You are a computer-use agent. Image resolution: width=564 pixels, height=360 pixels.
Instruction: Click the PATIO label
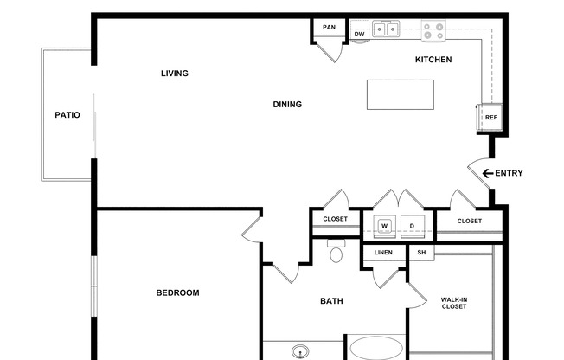pyautogui.click(x=67, y=115)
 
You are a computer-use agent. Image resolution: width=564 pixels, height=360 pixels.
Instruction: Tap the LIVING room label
pyautogui.click(x=175, y=74)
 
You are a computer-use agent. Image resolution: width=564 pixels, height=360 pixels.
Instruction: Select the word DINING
pyautogui.click(x=287, y=105)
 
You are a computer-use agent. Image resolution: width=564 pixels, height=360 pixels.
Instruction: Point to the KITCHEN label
pyautogui.click(x=433, y=60)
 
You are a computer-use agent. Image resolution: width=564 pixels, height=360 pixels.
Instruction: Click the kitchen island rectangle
pyautogui.click(x=401, y=94)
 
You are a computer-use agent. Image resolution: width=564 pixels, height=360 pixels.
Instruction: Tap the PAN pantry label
pyautogui.click(x=329, y=28)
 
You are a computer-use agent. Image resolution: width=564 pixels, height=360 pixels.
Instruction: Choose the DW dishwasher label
pyautogui.click(x=359, y=35)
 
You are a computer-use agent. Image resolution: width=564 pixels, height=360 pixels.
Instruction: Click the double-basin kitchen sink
pyautogui.click(x=386, y=29)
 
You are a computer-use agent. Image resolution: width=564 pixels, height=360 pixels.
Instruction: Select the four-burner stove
pyautogui.click(x=433, y=30)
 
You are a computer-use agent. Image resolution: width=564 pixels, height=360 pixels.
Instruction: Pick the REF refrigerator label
pyautogui.click(x=491, y=118)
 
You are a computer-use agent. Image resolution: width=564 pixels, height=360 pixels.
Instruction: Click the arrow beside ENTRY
pyautogui.click(x=487, y=174)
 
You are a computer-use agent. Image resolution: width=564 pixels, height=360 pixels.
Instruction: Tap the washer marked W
pyautogui.click(x=385, y=226)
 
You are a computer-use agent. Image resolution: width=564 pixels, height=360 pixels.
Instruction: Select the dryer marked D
pyautogui.click(x=413, y=226)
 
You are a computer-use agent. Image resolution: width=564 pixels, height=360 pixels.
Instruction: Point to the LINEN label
pyautogui.click(x=383, y=253)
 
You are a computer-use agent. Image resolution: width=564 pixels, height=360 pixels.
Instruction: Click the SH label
pyautogui.click(x=421, y=253)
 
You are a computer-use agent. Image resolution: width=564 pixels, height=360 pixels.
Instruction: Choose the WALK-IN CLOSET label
pyautogui.click(x=454, y=303)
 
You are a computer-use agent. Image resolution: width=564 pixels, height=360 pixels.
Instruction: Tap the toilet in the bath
pyautogui.click(x=336, y=251)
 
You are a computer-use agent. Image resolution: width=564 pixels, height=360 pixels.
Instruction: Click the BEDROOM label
pyautogui.click(x=177, y=293)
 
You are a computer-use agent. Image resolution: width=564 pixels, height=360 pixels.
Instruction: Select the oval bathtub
pyautogui.click(x=376, y=349)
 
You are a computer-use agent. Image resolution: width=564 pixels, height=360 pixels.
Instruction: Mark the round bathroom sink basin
pyautogui.click(x=300, y=351)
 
